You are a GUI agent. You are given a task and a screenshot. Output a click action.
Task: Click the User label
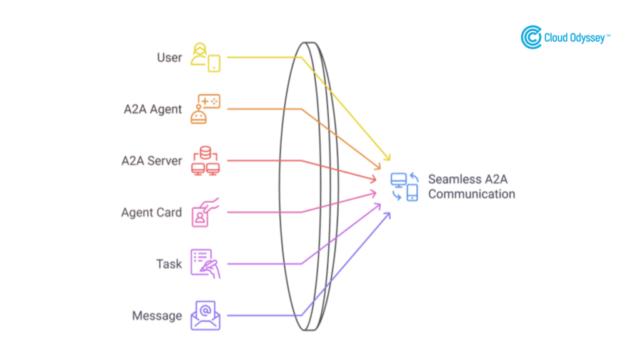point(169,57)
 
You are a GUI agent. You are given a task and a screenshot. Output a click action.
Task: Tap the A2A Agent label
point(152,109)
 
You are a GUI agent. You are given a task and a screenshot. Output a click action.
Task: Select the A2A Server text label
point(151,161)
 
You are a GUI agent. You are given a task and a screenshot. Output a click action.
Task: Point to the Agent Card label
point(151,212)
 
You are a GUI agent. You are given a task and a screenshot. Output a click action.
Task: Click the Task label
point(169,264)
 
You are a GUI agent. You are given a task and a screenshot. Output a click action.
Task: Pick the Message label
point(157,316)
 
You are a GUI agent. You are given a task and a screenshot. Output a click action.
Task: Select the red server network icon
point(206,161)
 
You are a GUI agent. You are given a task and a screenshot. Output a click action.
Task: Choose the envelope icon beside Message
point(206,316)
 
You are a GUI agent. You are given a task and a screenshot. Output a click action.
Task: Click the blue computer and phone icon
point(404,186)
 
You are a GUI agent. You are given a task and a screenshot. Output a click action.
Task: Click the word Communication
point(472,194)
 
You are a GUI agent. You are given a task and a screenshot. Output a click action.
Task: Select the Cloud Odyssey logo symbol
point(531,37)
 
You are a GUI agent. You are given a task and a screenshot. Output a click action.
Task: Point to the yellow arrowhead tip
point(390,160)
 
